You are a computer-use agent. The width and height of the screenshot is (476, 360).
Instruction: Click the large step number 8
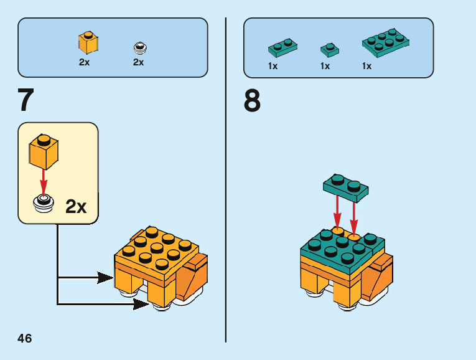point(252,100)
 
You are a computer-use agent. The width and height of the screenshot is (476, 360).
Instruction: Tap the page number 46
point(24,339)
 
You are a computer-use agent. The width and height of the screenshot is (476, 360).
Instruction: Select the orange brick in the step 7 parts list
point(88,42)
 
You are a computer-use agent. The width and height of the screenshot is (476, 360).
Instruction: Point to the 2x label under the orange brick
point(85,62)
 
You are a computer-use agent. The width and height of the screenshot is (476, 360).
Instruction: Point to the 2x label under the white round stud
point(138,62)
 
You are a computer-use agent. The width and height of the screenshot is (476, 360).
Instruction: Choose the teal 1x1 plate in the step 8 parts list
point(330,49)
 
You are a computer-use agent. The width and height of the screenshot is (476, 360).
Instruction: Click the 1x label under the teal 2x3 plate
point(366,66)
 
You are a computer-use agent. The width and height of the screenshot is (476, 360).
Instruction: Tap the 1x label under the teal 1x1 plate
point(325,66)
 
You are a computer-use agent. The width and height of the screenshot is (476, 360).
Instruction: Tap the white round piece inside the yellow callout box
point(44,203)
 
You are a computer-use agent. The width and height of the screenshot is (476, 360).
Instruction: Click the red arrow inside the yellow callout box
point(44,180)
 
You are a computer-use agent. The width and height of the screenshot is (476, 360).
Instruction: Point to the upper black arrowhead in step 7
point(106,278)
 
